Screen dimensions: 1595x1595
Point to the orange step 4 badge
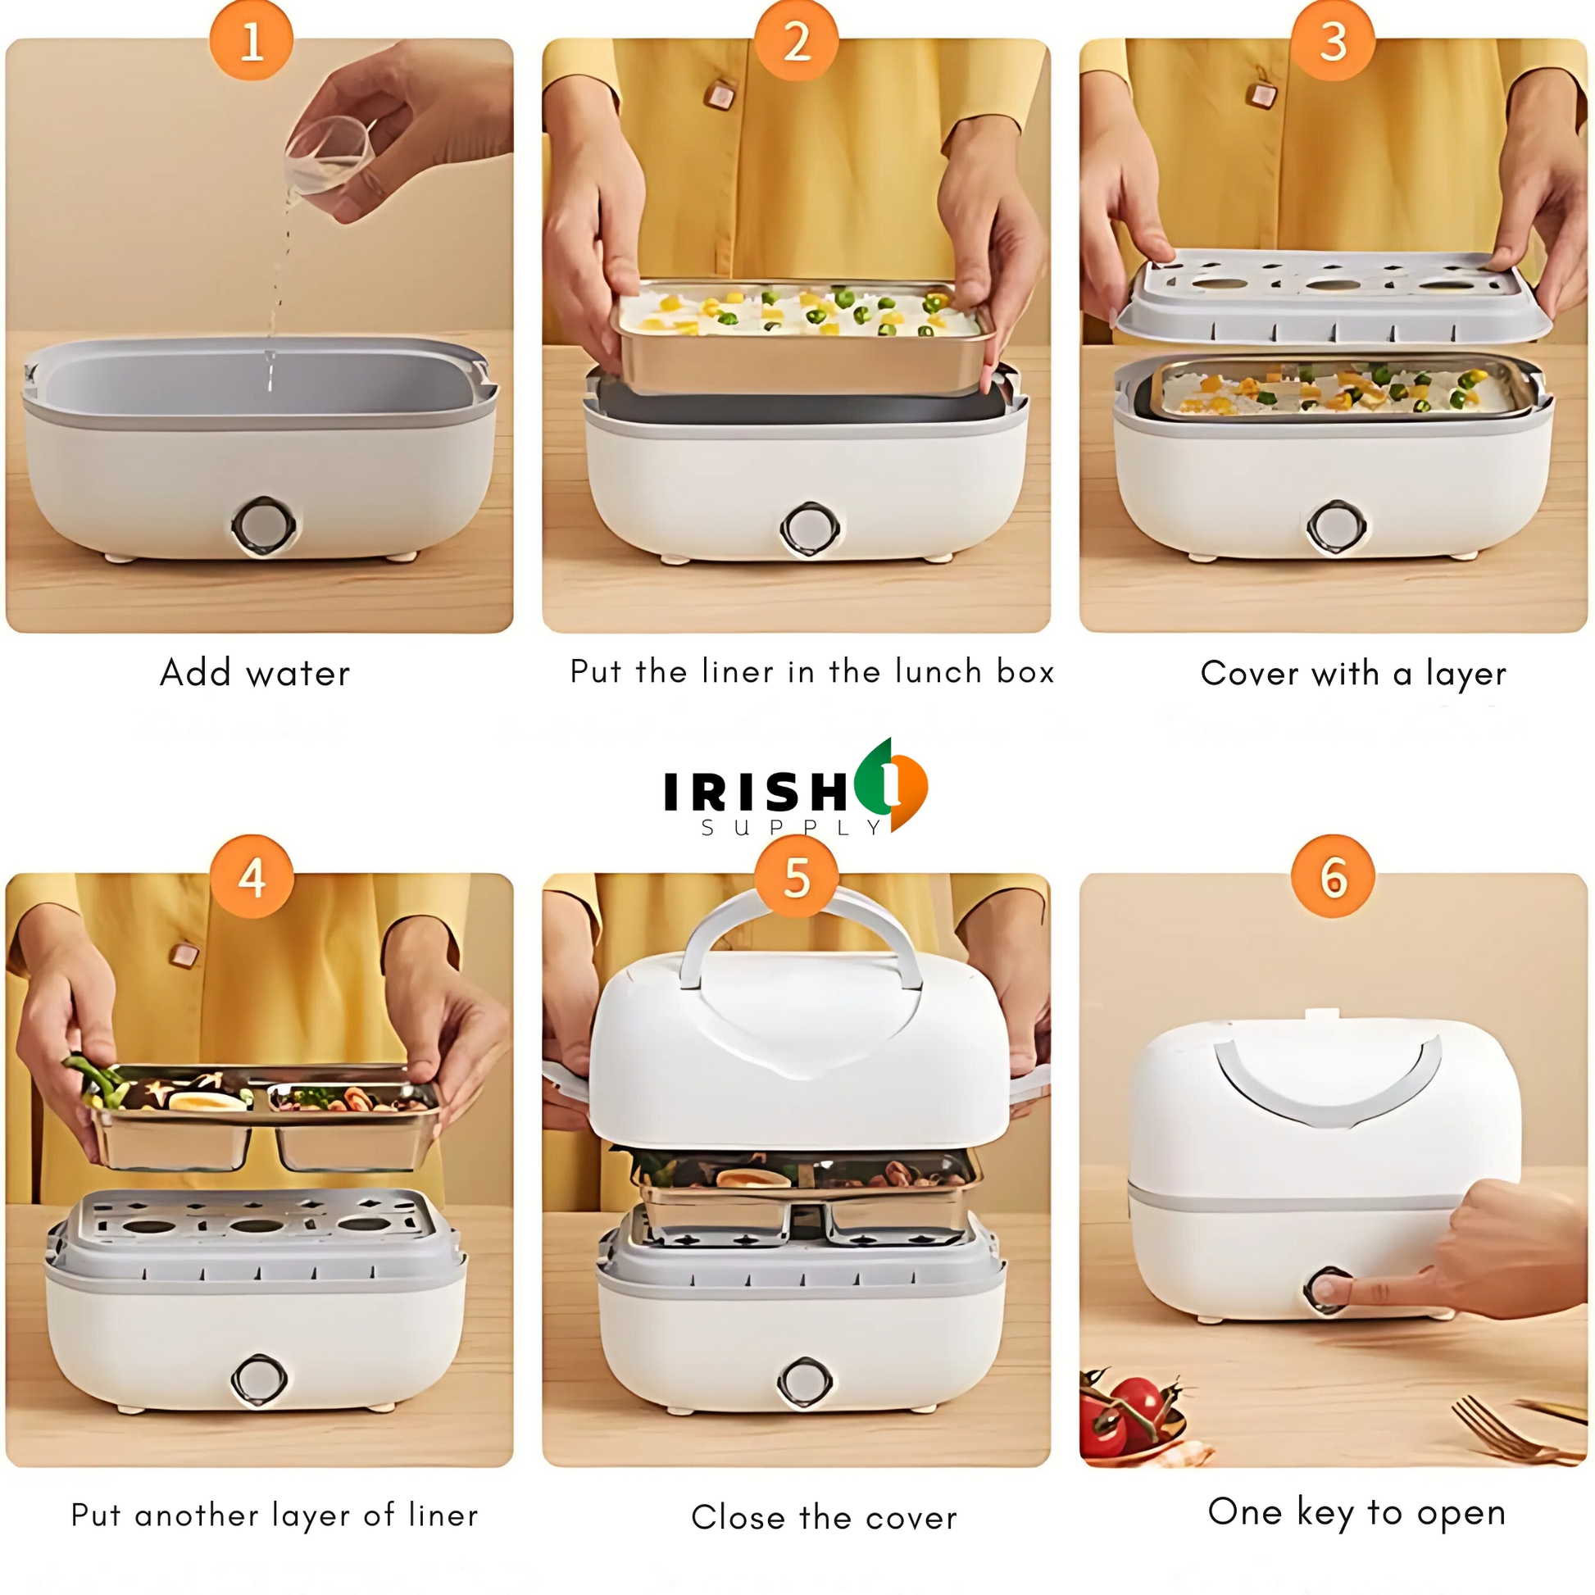click(252, 876)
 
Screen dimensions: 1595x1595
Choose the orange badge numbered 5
click(797, 876)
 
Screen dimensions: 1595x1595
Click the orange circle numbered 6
click(1334, 876)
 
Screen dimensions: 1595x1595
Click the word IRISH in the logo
click(756, 792)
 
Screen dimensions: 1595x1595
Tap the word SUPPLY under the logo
click(791, 827)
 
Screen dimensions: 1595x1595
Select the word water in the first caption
click(299, 675)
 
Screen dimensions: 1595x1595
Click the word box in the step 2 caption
click(1025, 671)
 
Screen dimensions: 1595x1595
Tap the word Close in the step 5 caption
click(738, 1517)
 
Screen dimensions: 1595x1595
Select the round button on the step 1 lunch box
click(263, 526)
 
